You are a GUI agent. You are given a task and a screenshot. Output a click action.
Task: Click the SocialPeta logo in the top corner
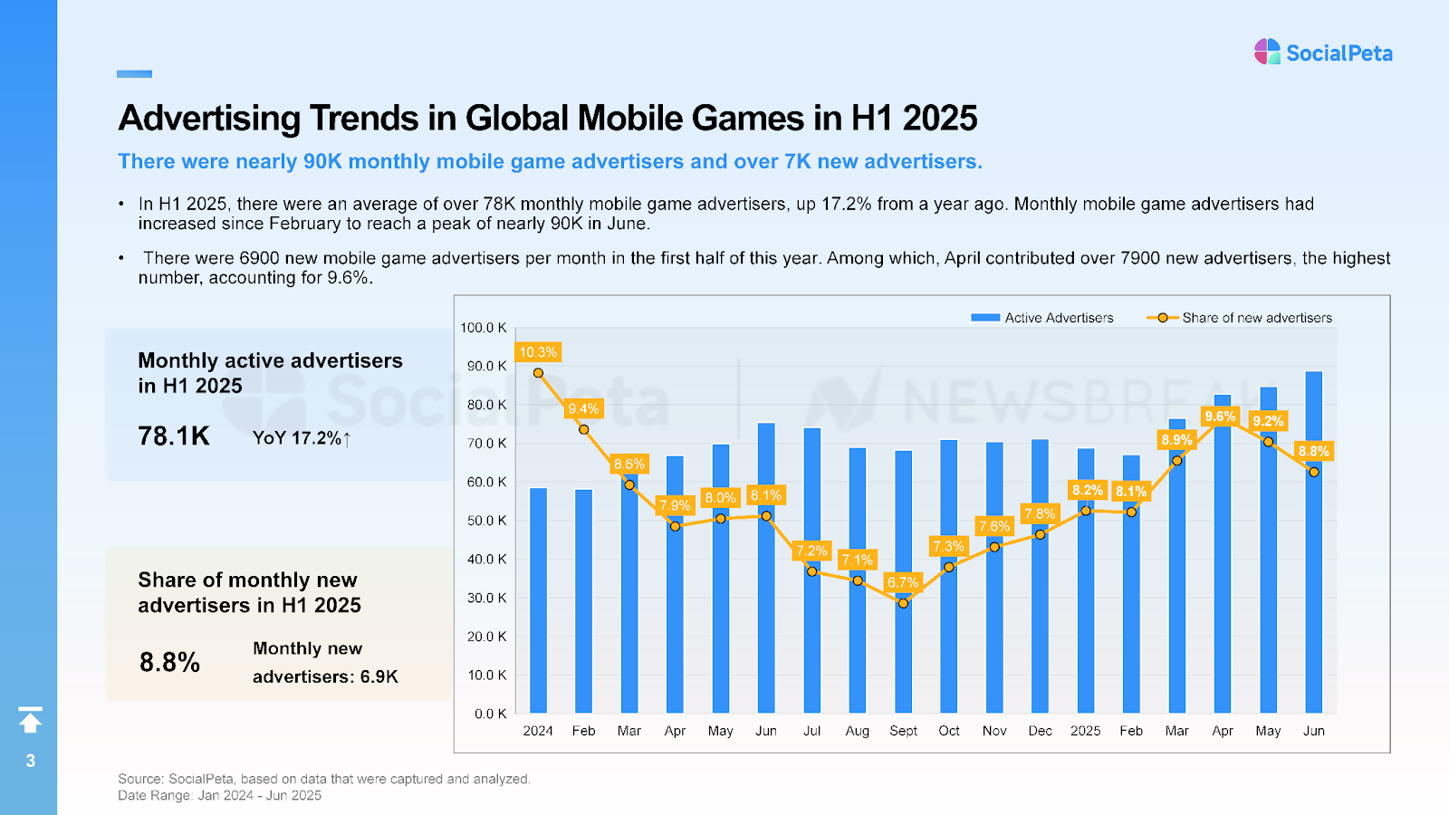coord(1322,53)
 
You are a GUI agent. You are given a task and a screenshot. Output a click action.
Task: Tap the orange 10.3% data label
coord(538,352)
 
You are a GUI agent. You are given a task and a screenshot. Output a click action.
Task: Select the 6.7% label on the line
coord(903,582)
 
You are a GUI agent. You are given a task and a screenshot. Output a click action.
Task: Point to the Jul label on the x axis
coord(811,731)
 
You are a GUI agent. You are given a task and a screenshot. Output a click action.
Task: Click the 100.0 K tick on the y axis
coord(484,328)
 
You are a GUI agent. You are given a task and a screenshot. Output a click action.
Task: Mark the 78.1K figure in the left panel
coord(174,436)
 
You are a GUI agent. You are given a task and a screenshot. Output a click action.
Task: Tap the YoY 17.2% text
coord(301,438)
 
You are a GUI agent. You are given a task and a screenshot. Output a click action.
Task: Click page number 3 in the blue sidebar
coord(31,761)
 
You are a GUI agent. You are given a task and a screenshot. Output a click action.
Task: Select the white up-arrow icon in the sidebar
coord(30,720)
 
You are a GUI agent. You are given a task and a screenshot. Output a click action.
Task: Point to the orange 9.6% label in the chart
coord(1220,417)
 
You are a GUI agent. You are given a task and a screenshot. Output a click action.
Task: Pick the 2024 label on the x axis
coord(538,731)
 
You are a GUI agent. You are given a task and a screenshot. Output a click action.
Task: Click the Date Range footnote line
coord(219,795)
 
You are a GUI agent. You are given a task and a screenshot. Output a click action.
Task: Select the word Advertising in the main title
coord(209,119)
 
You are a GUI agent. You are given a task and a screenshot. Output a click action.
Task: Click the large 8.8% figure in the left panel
coord(169,662)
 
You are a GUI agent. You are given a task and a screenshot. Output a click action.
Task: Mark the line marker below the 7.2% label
coord(812,571)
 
